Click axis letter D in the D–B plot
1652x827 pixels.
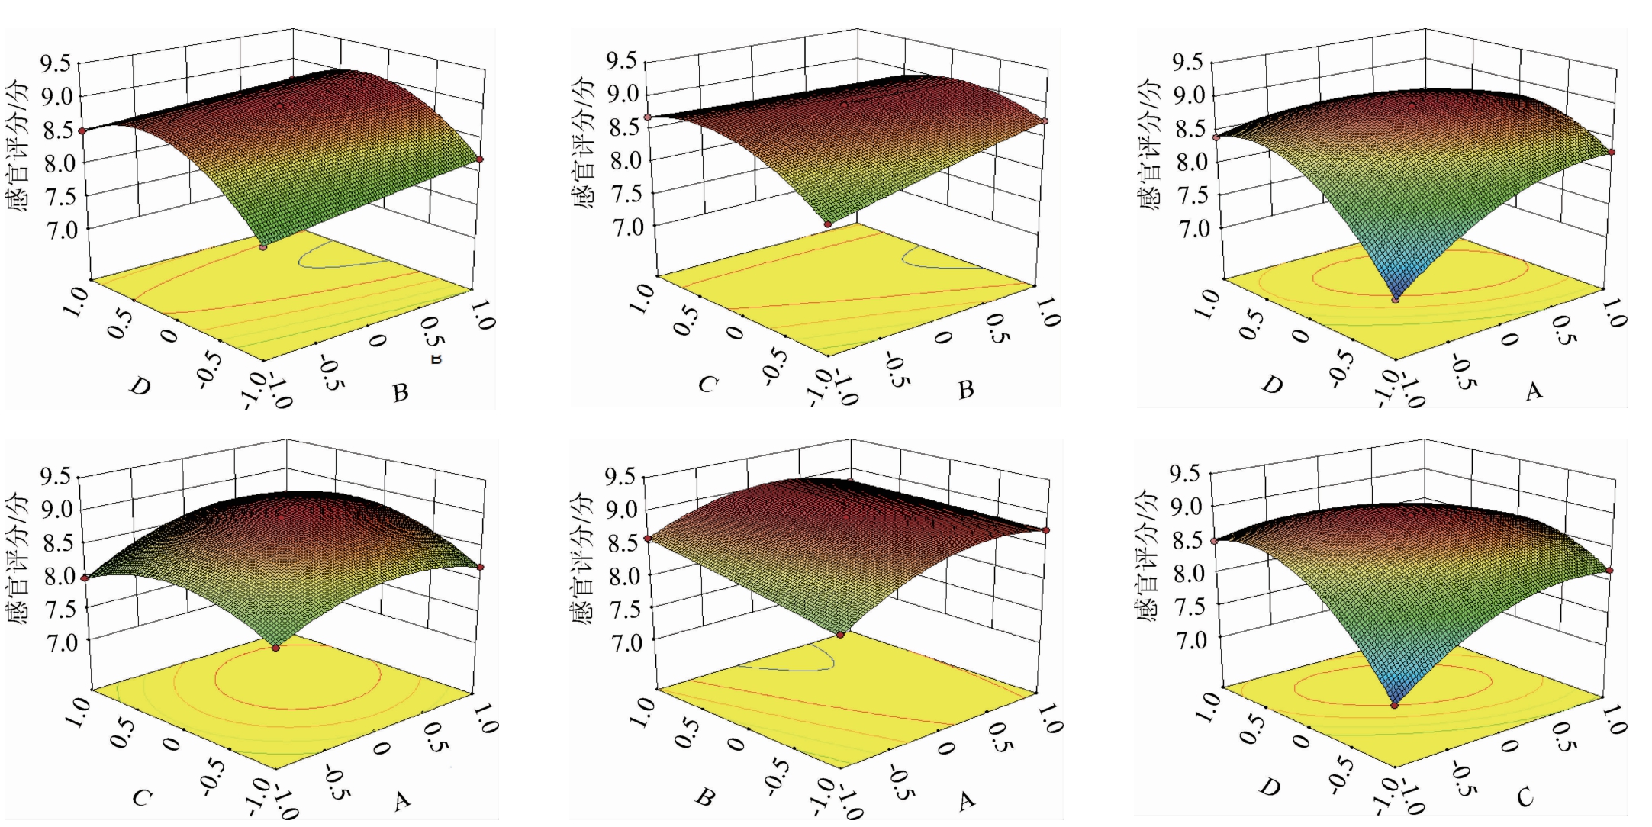140,386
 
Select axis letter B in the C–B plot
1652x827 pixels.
966,390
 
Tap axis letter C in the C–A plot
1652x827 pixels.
142,798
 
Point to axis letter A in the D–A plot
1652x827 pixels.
1534,391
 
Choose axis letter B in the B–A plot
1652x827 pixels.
706,798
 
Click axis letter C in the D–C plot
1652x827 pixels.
1525,798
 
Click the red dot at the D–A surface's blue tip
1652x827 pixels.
1396,300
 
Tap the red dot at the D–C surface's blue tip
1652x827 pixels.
1395,706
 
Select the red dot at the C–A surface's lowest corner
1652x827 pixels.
275,648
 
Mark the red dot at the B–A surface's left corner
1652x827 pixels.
648,539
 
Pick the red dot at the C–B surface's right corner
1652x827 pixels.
1045,121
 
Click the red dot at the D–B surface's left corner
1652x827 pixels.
82,131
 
